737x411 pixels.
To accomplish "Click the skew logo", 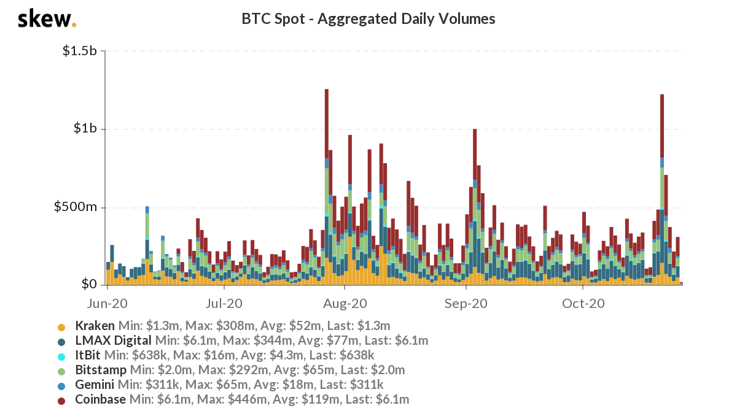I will [47, 19].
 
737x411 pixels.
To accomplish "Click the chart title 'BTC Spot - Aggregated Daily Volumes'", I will [368, 19].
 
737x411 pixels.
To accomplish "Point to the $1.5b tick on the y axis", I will [80, 51].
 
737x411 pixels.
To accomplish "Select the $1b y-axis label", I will [85, 129].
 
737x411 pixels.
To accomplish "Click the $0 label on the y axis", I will [89, 285].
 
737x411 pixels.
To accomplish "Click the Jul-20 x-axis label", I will [224, 303].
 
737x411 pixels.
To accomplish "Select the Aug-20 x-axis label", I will [345, 303].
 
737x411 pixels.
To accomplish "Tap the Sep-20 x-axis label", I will [466, 303].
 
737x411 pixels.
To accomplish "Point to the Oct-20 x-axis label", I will [583, 303].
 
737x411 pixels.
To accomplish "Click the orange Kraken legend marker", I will [61, 326].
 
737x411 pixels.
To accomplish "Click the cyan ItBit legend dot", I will [61, 356].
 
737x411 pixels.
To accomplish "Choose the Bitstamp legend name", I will [101, 370].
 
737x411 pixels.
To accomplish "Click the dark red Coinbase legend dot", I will [61, 400].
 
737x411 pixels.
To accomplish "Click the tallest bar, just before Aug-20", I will [327, 184].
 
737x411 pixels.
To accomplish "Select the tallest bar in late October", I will [662, 184].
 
